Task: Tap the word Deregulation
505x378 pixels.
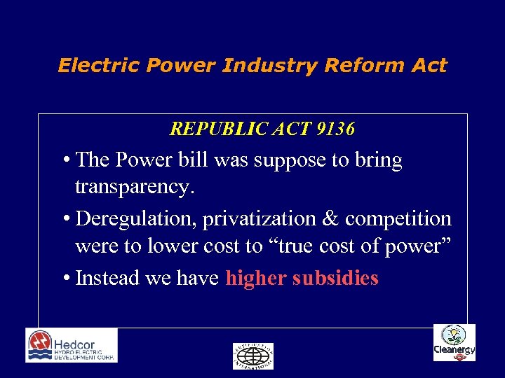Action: [136, 218]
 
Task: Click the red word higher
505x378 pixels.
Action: [256, 278]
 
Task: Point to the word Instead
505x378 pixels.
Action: [107, 278]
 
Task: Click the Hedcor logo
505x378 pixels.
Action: [72, 345]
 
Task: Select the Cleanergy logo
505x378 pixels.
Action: [454, 343]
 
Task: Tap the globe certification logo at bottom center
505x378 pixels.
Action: [252, 356]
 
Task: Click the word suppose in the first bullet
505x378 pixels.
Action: [289, 160]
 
